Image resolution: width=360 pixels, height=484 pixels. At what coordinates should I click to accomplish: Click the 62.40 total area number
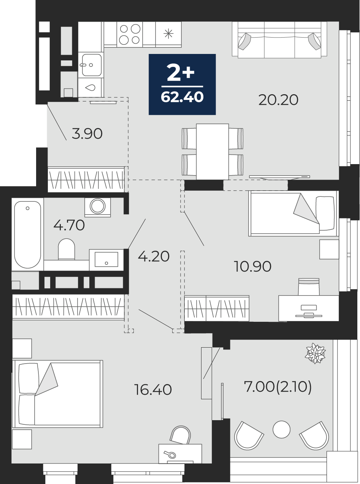pos(182,97)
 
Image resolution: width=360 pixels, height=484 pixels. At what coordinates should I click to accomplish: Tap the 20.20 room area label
pos(278,100)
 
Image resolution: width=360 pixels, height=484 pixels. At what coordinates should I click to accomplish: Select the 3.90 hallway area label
pos(87,134)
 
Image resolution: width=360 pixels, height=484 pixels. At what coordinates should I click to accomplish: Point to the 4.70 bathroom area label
pos(69,225)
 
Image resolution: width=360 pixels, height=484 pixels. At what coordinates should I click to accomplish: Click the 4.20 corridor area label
pos(154,256)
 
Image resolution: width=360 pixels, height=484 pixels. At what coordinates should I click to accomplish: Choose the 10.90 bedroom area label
pos(252,266)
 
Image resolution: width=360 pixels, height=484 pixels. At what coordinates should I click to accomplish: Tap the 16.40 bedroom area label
pos(153,390)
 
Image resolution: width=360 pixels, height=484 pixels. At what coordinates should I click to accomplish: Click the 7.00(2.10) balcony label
pos(278,387)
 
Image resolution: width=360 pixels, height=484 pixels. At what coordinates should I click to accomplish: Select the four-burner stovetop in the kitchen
pos(130,34)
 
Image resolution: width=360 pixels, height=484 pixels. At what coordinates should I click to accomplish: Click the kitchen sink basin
pos(92,65)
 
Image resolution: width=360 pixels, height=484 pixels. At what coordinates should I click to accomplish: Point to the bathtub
pos(27,234)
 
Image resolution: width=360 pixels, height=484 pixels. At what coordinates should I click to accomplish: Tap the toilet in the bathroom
pos(67,249)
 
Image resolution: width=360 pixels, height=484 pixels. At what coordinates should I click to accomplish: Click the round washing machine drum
pos(98,206)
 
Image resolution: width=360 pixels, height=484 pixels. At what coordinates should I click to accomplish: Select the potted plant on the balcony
pos(315,354)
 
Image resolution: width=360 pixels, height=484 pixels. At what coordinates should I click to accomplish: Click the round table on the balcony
pos(282,429)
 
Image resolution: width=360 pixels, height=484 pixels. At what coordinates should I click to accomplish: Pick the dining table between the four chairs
pos(213,152)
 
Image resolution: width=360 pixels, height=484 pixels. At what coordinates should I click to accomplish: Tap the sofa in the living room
pos(280,40)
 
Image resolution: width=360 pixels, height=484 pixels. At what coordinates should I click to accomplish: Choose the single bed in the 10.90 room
pos(293,214)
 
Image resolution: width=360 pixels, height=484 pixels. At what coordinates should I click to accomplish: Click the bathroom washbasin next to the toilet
pos(106,260)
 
